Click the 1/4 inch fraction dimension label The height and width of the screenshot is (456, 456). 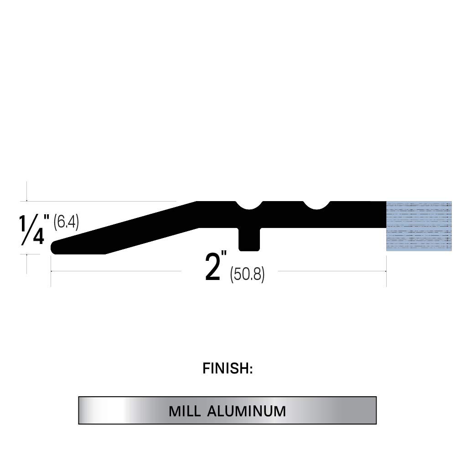click(x=32, y=230)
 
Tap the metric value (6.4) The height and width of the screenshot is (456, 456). click(x=66, y=222)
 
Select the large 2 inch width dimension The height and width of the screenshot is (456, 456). click(x=213, y=268)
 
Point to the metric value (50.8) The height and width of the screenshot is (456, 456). click(x=247, y=274)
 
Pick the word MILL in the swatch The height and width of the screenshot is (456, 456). click(x=185, y=411)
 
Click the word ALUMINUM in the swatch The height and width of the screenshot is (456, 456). click(x=246, y=411)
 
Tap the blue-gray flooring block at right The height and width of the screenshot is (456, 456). click(x=419, y=226)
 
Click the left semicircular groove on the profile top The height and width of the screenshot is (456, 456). click(x=249, y=206)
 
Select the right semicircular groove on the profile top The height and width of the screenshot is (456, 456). click(x=316, y=206)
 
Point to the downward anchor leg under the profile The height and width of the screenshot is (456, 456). click(x=249, y=239)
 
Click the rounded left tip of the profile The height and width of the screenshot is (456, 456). click(x=55, y=247)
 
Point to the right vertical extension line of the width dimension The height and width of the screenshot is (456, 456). click(x=386, y=271)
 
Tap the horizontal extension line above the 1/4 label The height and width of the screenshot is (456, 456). click(x=100, y=201)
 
